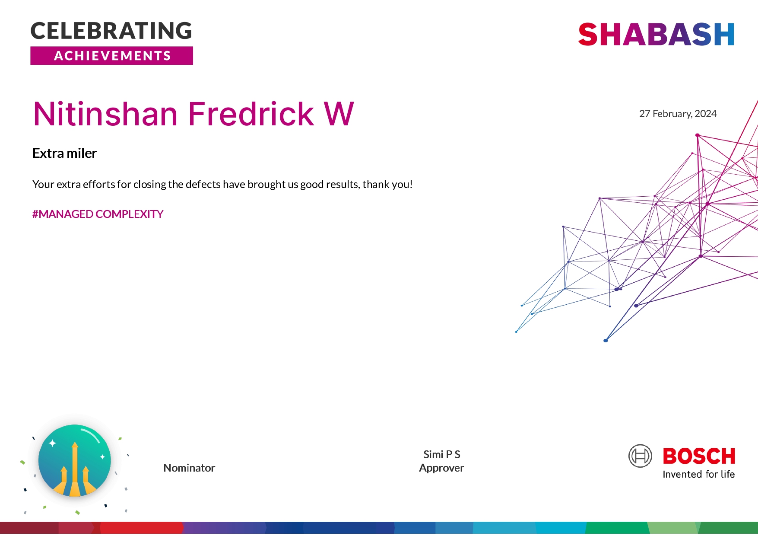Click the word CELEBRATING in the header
tap(111, 31)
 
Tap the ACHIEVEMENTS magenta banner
tap(111, 56)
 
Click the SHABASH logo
tap(656, 35)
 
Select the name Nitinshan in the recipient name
tap(105, 114)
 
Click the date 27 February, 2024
tap(678, 114)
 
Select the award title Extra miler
tap(65, 153)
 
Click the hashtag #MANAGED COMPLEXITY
tap(98, 214)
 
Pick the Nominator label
tap(189, 468)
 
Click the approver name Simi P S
tap(441, 455)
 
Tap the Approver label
tap(441, 468)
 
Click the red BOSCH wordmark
tap(699, 456)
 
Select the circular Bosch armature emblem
tap(640, 456)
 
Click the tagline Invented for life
tap(698, 475)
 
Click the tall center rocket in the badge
tap(75, 467)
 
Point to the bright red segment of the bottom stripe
tap(142, 528)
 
